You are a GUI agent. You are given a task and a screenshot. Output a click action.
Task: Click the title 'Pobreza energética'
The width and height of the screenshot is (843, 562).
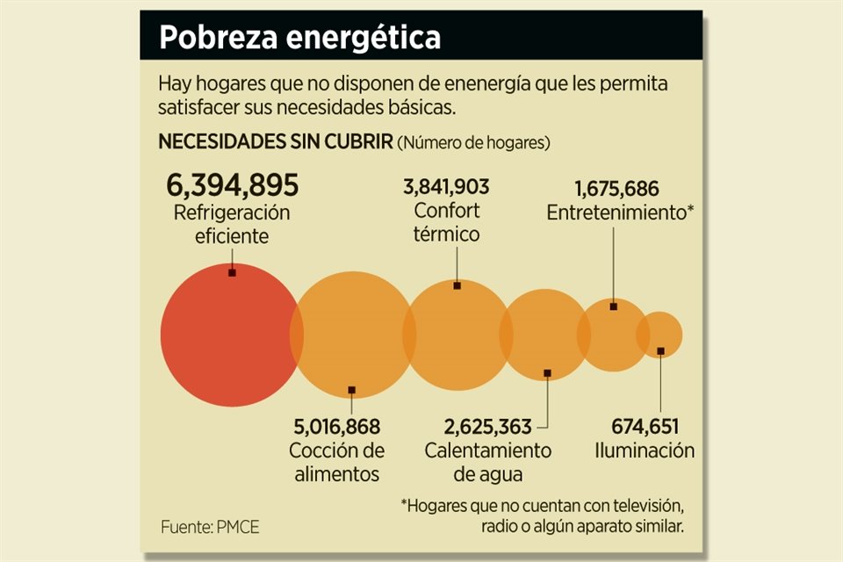(299, 37)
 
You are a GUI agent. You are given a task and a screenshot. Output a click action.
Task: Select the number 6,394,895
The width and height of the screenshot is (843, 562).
(233, 185)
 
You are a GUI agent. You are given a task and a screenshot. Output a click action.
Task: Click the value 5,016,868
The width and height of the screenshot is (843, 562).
(337, 428)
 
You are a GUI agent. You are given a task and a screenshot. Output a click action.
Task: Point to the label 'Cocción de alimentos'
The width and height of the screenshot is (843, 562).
(337, 462)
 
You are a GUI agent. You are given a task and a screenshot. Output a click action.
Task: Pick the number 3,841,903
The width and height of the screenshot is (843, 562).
(446, 187)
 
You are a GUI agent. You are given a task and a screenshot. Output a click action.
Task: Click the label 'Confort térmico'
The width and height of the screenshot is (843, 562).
(447, 222)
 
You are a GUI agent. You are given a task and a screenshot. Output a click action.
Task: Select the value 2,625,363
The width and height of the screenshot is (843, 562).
(488, 428)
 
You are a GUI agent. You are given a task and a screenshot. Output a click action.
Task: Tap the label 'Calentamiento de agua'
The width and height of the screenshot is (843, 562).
(488, 462)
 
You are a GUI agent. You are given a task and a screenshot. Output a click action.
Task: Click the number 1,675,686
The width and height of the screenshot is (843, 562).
(616, 189)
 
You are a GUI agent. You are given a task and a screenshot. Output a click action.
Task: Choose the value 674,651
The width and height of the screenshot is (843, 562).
(645, 428)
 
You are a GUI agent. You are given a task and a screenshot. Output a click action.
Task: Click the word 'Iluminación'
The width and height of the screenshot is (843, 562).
(645, 450)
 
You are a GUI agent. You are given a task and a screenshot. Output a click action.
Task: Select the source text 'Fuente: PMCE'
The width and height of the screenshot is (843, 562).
(210, 528)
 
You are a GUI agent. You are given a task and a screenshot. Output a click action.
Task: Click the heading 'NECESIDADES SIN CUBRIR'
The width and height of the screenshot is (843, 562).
(275, 141)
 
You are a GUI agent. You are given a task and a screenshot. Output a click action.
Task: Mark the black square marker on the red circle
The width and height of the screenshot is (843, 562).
(232, 272)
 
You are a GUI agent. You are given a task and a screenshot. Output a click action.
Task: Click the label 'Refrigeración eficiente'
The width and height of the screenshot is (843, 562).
(232, 224)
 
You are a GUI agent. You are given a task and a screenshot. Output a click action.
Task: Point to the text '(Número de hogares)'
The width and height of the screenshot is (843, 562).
(473, 142)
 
